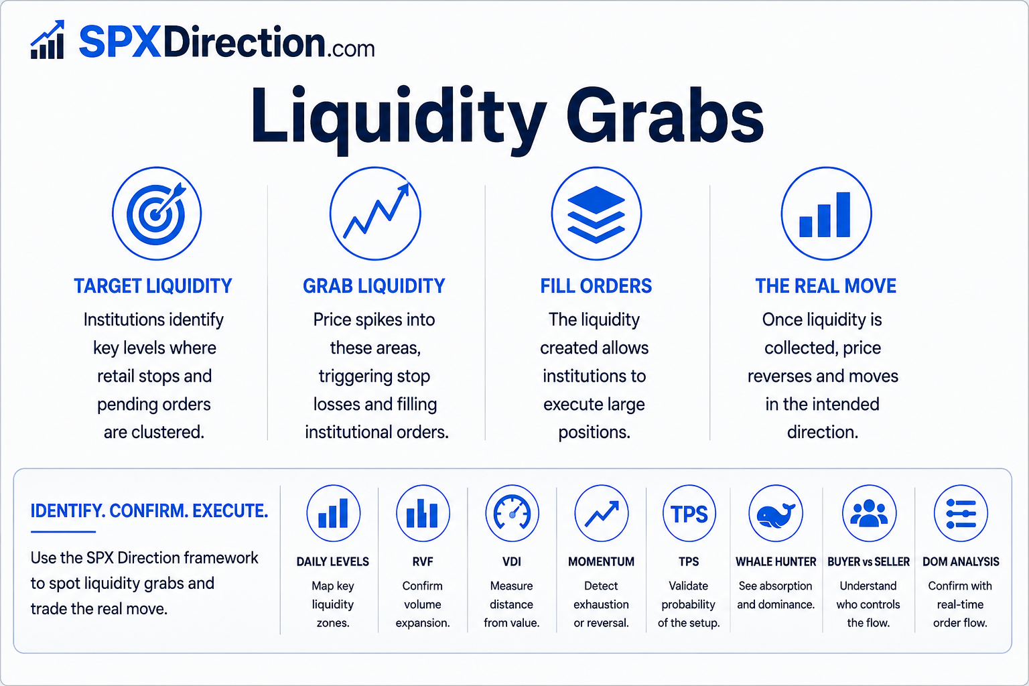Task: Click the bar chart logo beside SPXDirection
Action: pos(48,40)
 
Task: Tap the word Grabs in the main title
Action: pos(665,115)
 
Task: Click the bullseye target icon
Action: pos(157,214)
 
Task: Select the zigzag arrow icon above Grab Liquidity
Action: pos(375,214)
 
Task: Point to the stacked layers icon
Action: pos(596,214)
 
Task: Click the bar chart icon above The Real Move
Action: pos(827,214)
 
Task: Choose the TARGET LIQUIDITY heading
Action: pos(153,286)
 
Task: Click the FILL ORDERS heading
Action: pos(596,286)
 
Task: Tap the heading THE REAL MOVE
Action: pos(825,286)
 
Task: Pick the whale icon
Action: pos(776,514)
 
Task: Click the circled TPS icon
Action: pos(689,514)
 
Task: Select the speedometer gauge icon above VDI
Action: pos(512,514)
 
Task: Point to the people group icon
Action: pos(869,514)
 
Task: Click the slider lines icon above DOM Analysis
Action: pos(961,514)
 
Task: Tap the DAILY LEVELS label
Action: pos(332,561)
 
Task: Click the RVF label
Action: pos(423,561)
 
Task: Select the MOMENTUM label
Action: pos(601,561)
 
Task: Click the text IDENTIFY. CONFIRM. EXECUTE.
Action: pos(149,511)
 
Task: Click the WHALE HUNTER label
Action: pos(776,561)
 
